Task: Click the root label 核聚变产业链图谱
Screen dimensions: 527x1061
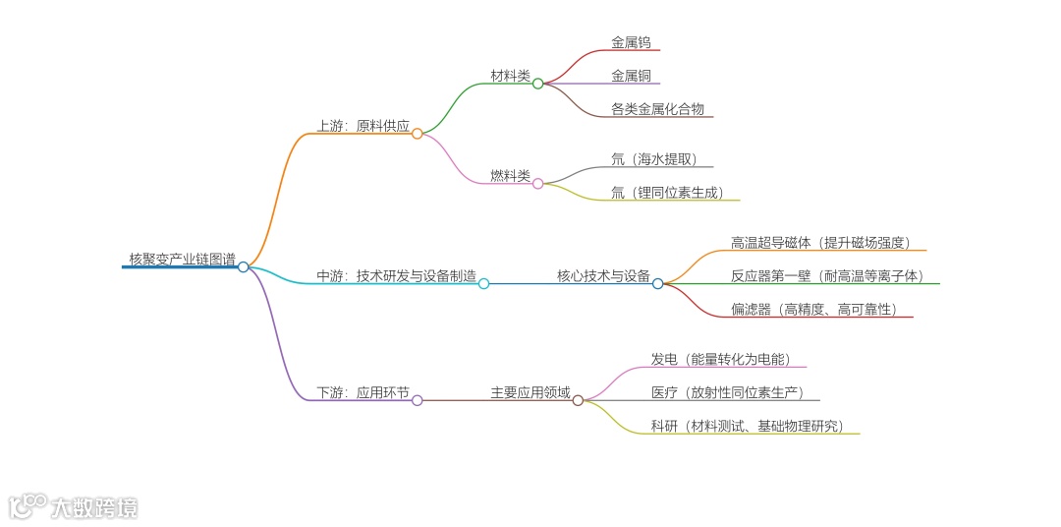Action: point(182,260)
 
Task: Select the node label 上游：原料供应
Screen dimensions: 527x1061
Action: point(363,126)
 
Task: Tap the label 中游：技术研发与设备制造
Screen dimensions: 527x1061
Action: point(396,276)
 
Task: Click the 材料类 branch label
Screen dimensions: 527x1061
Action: point(510,76)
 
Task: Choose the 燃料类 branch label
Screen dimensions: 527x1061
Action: point(510,176)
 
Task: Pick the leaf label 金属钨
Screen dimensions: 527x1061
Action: point(630,43)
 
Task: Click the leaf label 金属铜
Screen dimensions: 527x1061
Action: point(630,76)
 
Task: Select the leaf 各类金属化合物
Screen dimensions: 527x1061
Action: point(657,109)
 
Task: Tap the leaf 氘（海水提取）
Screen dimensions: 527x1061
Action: point(656,159)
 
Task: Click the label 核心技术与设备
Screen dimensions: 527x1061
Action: point(603,276)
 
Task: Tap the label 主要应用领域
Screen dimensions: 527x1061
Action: point(530,392)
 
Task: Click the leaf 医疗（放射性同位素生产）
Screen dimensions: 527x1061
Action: point(728,393)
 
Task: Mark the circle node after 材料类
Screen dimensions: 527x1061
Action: point(538,84)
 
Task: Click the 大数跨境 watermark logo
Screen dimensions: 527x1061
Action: point(74,506)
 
